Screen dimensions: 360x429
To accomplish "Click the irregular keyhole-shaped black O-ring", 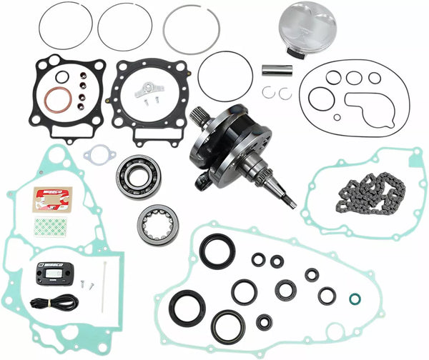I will tap(369, 107).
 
